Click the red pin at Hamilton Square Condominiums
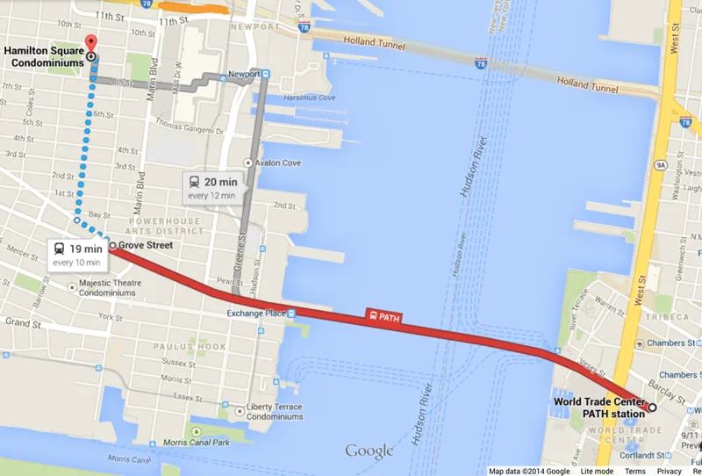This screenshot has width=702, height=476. (90, 45)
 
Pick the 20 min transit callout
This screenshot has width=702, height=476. (214, 187)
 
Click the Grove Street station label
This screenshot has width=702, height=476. (146, 245)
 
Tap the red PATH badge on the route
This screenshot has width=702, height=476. (383, 316)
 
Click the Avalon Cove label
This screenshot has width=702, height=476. (280, 162)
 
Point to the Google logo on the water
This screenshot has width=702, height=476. (369, 451)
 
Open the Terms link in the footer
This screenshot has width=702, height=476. (634, 471)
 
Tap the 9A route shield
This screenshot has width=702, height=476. (659, 163)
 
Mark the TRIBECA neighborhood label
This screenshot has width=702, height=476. (667, 316)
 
